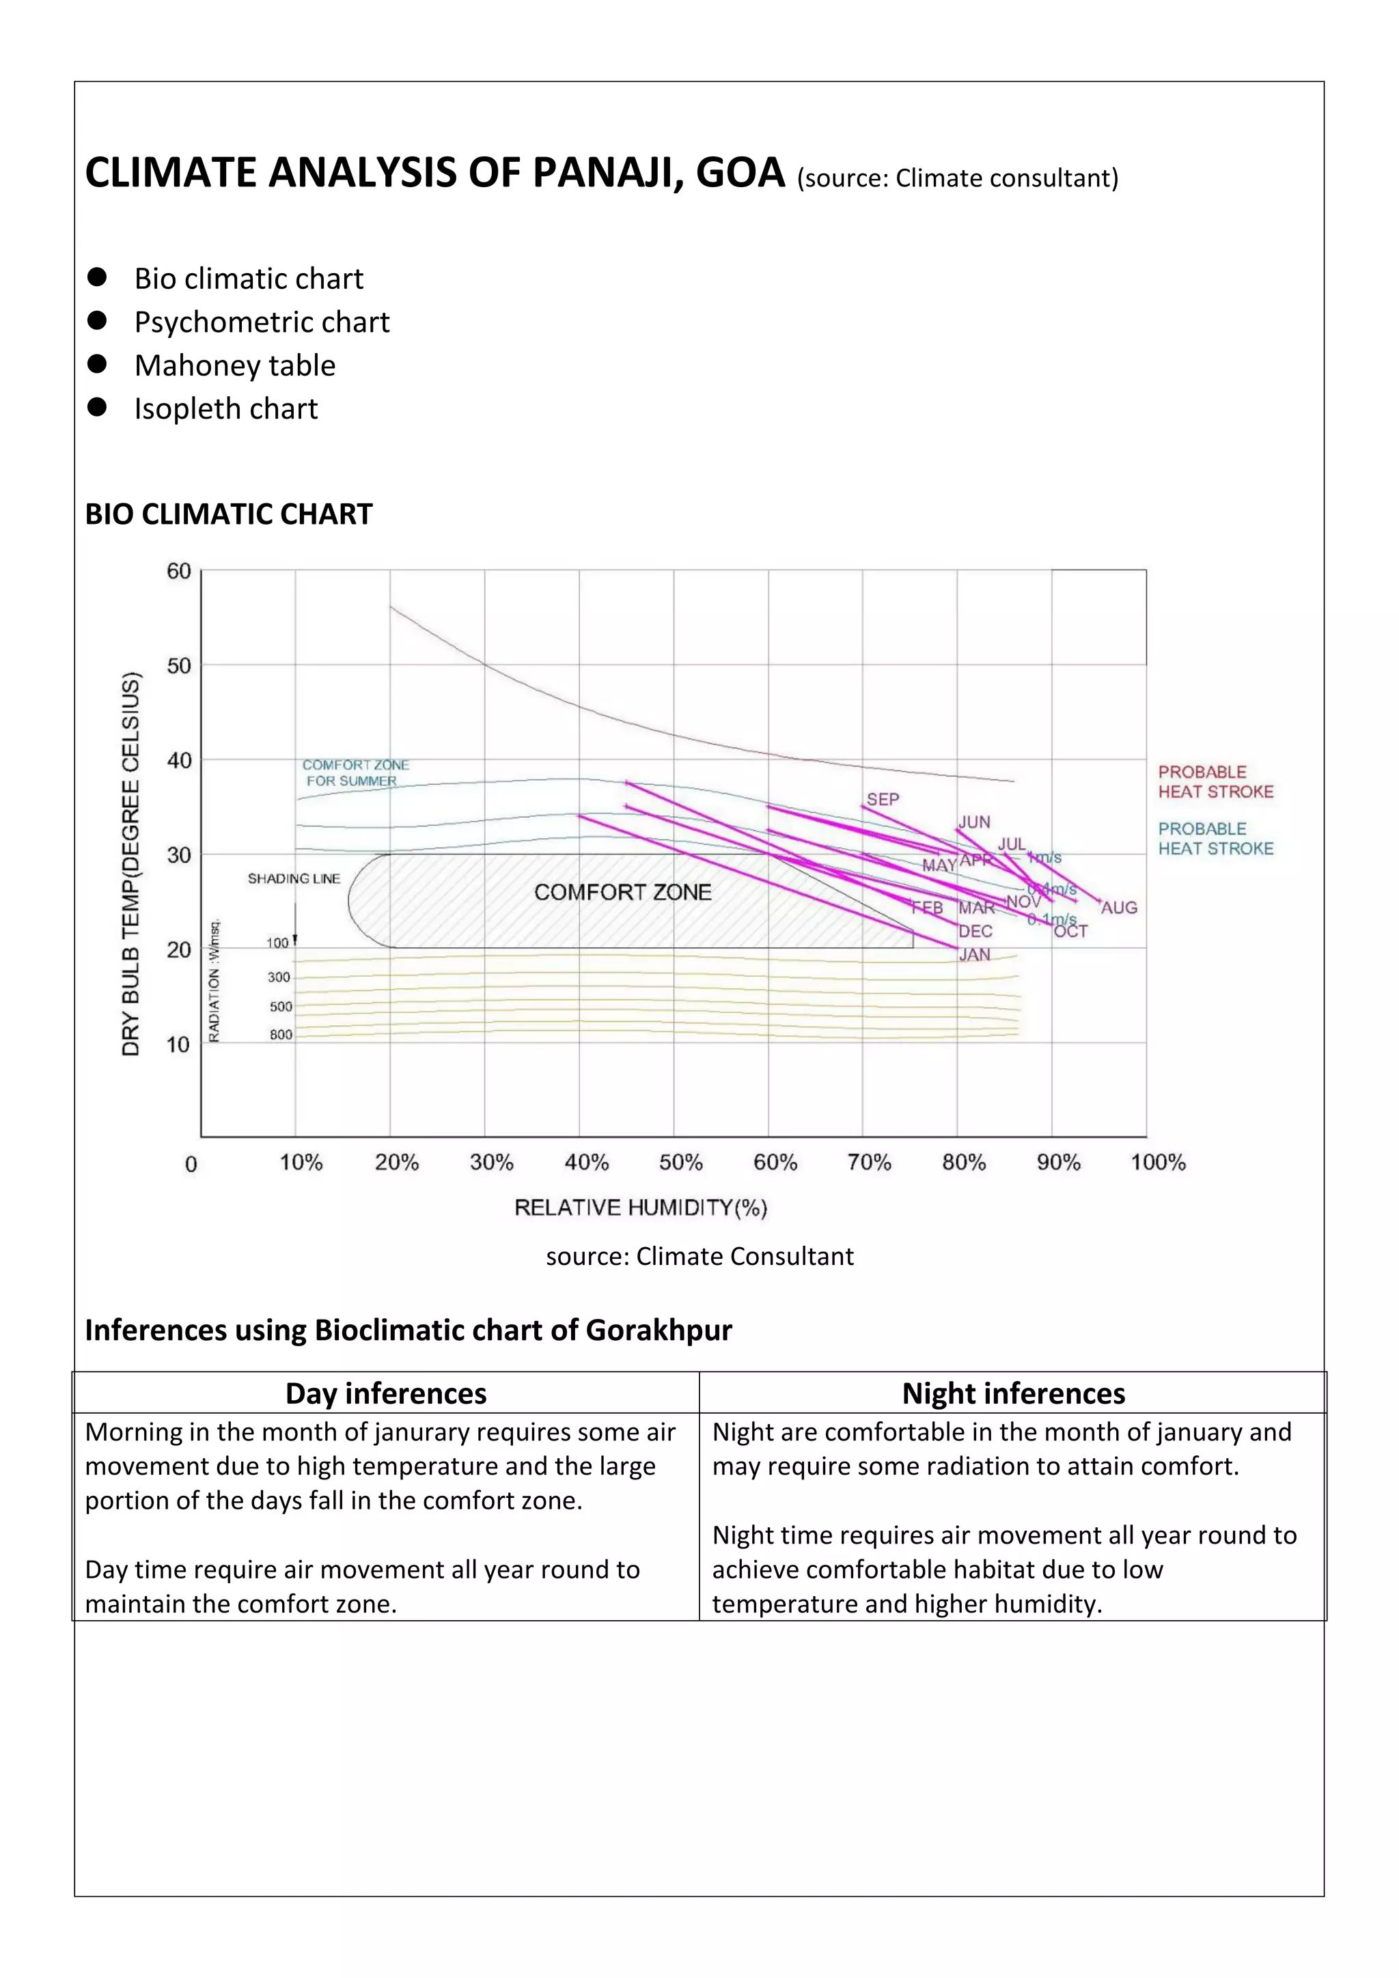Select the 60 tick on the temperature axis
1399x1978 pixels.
tap(178, 571)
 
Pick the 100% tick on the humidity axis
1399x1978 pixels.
tap(1158, 1162)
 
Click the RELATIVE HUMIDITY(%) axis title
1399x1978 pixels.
tap(640, 1207)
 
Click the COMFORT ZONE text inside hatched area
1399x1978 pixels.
tap(622, 893)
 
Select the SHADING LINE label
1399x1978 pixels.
tap(294, 879)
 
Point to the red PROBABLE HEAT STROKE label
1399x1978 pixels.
tap(1215, 781)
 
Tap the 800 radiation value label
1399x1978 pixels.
tap(281, 1035)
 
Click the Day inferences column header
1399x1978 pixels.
tap(386, 1393)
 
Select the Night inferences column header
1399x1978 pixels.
tap(1013, 1393)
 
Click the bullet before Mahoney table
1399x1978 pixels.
tap(98, 365)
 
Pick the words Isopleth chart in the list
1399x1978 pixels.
tap(225, 408)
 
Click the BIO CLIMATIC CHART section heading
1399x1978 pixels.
tap(228, 514)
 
